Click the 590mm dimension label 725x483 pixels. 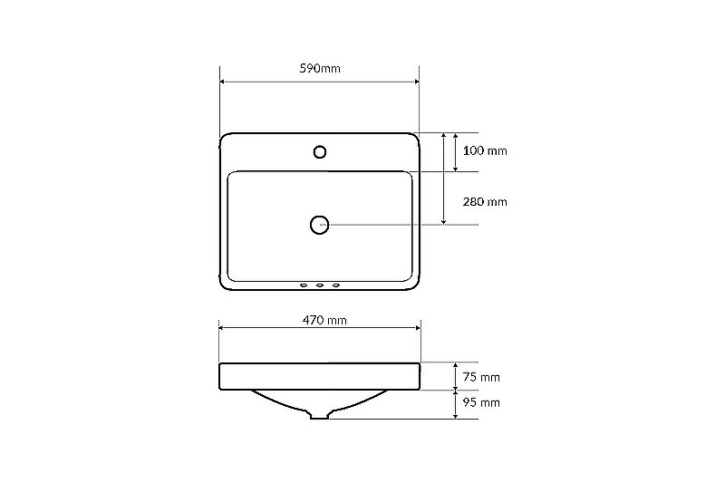[320, 68]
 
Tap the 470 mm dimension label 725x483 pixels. [324, 320]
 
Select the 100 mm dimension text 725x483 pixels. [485, 150]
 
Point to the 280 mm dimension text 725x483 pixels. [485, 201]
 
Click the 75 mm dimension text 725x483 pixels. [481, 377]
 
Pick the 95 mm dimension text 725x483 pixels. [481, 402]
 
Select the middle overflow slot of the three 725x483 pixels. [320, 285]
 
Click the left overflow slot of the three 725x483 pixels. [304, 285]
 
